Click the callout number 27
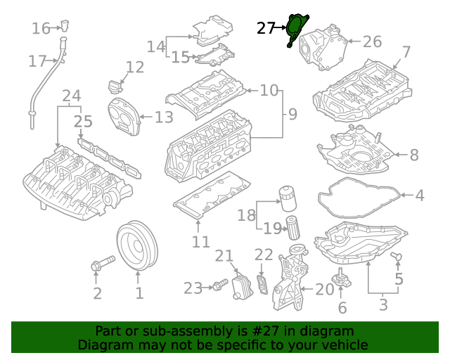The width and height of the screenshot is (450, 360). pos(266,28)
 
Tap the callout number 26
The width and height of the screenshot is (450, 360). pos(372,42)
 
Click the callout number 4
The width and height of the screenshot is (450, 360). pos(419,195)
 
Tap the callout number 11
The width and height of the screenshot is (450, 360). pos(201,242)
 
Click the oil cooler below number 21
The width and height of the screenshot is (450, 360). pos(241,288)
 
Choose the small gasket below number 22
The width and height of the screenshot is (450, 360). pos(263,288)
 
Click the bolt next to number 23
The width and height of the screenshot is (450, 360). pos(219,285)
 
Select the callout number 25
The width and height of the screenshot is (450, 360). pos(83,122)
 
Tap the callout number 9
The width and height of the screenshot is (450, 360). pos(292,114)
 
